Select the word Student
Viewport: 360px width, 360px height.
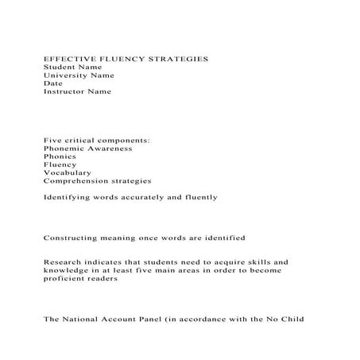57,68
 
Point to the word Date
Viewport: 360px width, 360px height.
52,83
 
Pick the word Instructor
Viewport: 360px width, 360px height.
64,91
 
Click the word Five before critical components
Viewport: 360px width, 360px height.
52,141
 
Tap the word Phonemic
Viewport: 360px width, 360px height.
63,149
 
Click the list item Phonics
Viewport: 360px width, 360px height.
60,157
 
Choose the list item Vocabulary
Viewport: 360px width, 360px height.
67,172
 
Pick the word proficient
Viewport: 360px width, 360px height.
66,277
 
